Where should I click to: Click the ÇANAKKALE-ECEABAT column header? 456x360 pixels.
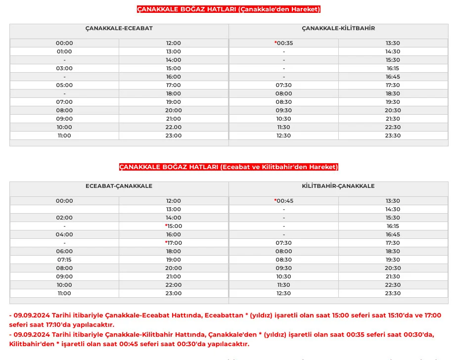(119, 28)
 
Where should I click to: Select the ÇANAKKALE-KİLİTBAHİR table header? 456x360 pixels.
(338, 28)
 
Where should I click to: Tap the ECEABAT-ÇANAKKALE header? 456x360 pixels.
(119, 186)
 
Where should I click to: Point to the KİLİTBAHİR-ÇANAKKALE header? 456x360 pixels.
(338, 186)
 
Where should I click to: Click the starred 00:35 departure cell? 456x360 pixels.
(284, 43)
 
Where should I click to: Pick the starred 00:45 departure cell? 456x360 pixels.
(284, 201)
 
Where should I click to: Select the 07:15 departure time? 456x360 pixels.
(64, 260)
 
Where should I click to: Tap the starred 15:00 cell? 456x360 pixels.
(174, 226)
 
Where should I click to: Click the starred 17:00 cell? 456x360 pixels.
(174, 243)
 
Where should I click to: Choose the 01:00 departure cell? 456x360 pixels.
(64, 51)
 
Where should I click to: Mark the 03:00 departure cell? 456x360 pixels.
(64, 68)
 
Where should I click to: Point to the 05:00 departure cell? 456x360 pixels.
(64, 85)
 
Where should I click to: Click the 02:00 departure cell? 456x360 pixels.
(64, 218)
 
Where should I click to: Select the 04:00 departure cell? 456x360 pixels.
(64, 234)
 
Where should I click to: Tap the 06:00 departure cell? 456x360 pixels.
(64, 251)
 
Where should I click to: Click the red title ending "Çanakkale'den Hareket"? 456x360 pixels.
(228, 9)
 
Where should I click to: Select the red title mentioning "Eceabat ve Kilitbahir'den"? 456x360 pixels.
(228, 167)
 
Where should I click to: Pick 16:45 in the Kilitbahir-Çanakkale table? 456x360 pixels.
(393, 234)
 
